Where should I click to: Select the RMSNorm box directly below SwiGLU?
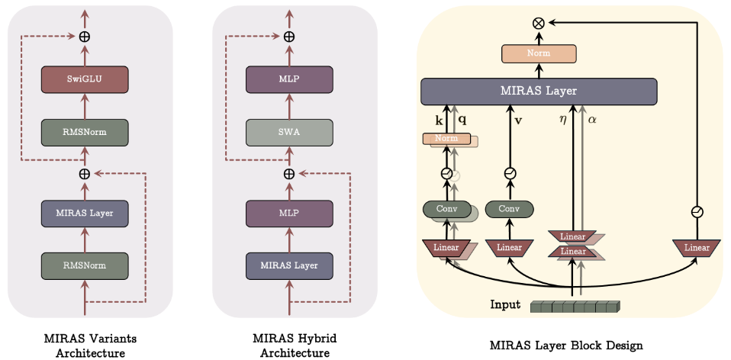tap(85, 133)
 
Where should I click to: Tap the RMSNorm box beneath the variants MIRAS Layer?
tap(85, 265)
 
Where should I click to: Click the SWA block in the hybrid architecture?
tap(289, 133)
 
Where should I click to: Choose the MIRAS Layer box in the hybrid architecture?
tap(289, 265)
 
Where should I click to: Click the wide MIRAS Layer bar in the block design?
tap(538, 92)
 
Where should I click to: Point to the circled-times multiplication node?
tap(538, 23)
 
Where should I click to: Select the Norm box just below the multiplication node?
tap(538, 53)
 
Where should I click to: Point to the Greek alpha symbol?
tap(591, 121)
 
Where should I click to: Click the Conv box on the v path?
tap(509, 208)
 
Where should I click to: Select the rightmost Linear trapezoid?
tap(696, 247)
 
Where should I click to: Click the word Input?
tap(507, 306)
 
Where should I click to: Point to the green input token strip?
tap(575, 307)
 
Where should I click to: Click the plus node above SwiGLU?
tap(85, 36)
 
